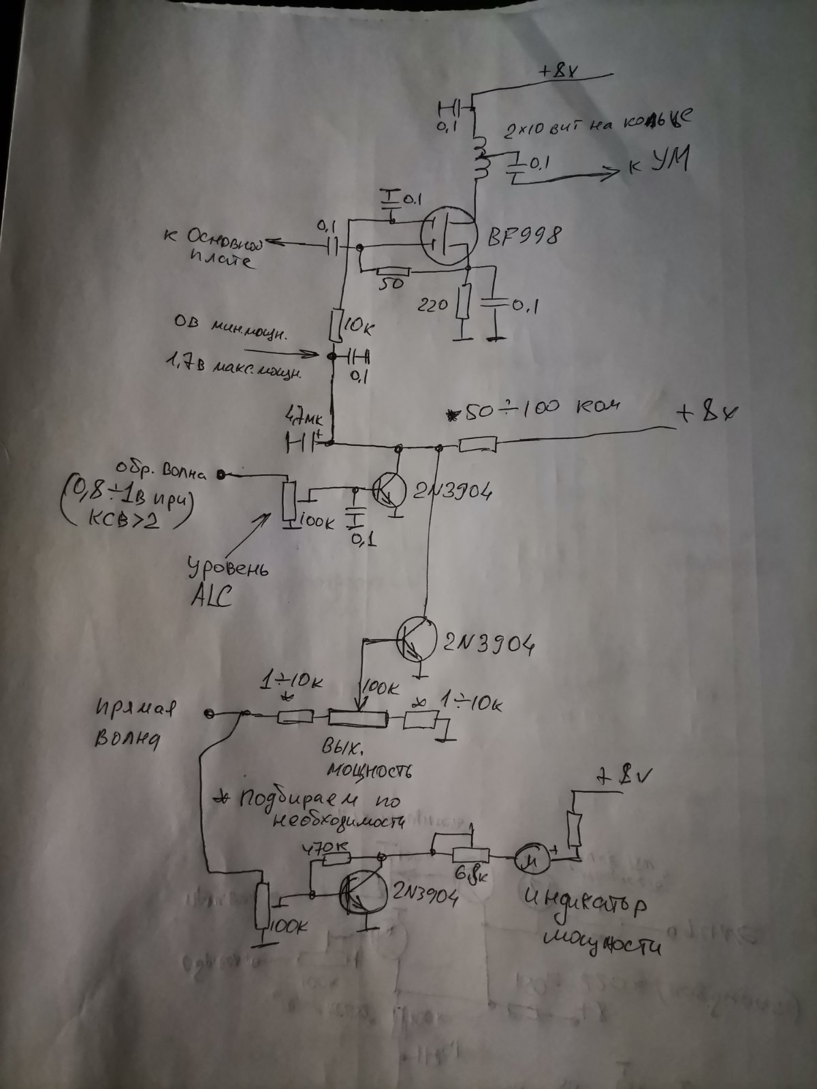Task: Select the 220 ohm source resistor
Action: click(465, 303)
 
